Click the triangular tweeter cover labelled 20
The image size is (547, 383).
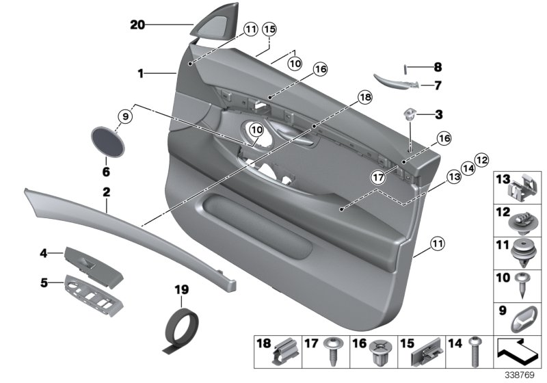pos(204,31)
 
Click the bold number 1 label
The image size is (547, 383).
pos(139,72)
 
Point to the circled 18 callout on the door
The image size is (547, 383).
pos(364,98)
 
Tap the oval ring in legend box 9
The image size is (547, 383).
pos(524,319)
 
